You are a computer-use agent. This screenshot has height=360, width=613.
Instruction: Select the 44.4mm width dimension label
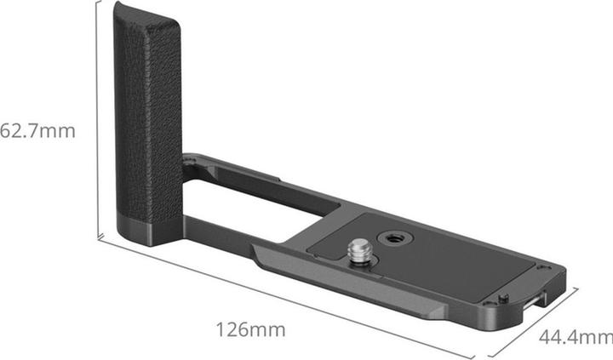[576, 336]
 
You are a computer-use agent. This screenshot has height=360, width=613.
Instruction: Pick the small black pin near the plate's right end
[504, 298]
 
